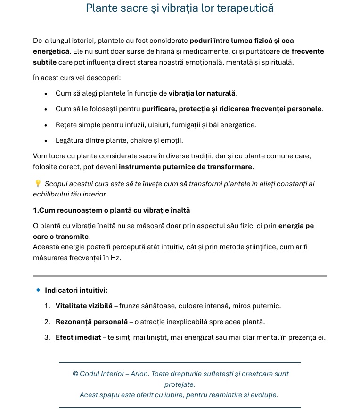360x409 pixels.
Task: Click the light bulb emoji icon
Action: coord(38,183)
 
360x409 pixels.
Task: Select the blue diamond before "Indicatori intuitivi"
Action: coord(38,290)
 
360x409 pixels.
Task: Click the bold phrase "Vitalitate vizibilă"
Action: coord(84,306)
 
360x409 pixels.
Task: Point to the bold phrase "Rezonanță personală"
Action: coord(91,322)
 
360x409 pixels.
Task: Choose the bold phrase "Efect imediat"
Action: coord(78,337)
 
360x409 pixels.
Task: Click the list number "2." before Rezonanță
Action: coord(47,322)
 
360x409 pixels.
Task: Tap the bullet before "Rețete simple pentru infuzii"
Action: coord(46,125)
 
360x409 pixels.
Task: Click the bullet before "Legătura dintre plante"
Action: coord(46,141)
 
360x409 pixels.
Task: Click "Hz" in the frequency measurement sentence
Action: coord(115,258)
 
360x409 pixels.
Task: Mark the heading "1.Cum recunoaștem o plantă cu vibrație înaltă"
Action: coord(111,210)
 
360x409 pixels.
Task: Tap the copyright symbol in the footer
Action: coord(75,374)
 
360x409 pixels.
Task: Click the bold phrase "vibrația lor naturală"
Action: coord(202,93)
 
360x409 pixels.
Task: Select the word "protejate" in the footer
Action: coord(179,384)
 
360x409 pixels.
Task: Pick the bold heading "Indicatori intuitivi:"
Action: coord(76,290)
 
